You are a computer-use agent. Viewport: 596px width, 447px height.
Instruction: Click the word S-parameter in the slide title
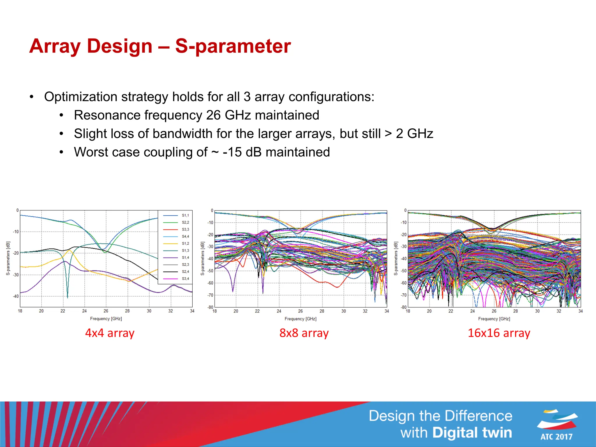233,46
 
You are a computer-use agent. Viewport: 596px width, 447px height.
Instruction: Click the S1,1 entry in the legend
185,215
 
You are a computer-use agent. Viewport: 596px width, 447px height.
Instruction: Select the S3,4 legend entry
185,279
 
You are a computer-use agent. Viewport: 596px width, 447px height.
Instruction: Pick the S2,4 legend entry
185,272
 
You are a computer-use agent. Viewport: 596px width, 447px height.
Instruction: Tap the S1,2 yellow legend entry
185,244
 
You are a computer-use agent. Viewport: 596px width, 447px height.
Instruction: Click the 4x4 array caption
110,333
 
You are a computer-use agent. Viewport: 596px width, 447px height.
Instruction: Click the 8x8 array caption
304,333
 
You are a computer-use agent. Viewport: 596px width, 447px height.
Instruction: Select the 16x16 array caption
499,333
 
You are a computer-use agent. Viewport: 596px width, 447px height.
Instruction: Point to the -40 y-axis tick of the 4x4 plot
16,296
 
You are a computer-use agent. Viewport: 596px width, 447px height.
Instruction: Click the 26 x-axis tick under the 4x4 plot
106,311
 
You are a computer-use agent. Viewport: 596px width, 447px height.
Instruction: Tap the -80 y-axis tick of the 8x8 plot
210,307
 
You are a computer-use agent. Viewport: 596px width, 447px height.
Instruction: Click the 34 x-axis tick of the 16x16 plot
580,311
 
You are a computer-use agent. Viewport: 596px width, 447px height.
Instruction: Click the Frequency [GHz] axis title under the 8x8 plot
300,319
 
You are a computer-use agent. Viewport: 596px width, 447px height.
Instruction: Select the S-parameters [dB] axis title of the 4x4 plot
8,258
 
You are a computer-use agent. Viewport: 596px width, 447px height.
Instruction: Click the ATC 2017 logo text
556,437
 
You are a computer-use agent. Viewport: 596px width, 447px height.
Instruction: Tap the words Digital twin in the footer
472,433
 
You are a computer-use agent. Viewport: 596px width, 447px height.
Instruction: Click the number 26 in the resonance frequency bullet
213,115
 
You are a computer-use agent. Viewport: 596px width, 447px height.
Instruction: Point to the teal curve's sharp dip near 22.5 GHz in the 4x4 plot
68,296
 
